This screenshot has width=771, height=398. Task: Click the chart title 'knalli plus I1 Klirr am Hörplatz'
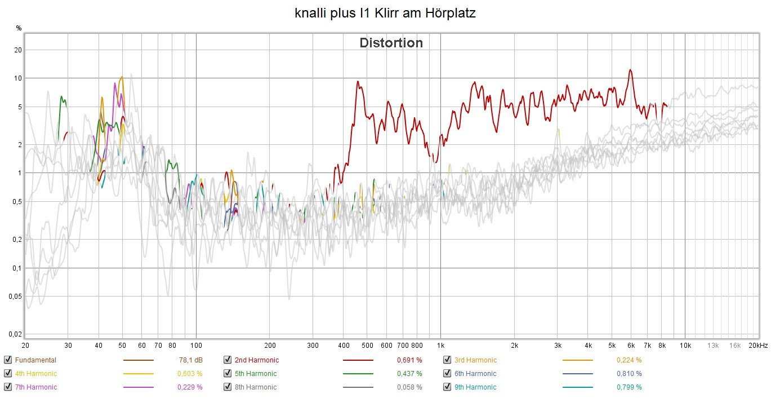(x=385, y=13)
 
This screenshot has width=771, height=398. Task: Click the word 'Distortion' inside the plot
(x=391, y=43)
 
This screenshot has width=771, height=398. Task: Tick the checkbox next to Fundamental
(x=8, y=360)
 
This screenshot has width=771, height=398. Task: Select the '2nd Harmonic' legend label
(x=256, y=360)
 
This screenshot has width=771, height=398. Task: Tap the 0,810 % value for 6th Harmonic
(x=629, y=373)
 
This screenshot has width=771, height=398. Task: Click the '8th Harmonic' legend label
(x=255, y=387)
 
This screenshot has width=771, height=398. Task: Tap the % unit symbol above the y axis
(x=19, y=28)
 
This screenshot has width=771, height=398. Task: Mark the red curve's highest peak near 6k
(x=630, y=70)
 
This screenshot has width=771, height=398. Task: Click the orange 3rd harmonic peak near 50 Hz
(x=121, y=77)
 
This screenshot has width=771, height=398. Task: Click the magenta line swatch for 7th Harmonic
(x=138, y=387)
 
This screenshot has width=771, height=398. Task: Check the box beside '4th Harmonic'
(x=8, y=373)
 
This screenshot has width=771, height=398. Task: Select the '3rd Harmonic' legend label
(x=475, y=360)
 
